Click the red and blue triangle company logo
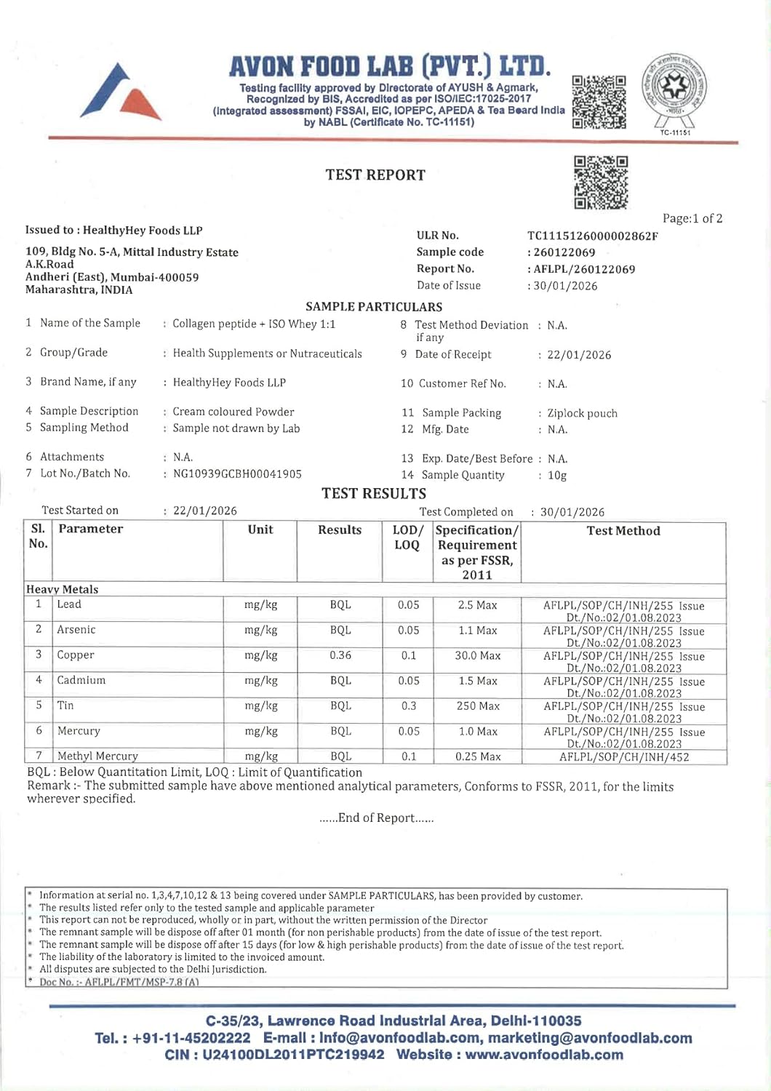121,93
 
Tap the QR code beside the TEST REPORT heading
601,182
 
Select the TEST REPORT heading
375,175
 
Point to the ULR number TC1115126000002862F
593,236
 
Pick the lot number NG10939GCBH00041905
237,474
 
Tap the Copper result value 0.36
340,655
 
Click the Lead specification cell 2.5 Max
478,605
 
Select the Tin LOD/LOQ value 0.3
409,706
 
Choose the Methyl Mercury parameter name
97,756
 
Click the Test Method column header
623,531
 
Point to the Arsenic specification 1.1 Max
478,631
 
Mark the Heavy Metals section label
63,589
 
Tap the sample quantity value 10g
557,476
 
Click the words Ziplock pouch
583,413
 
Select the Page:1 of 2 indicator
692,218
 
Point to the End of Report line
377,818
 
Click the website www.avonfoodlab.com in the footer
544,1055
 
